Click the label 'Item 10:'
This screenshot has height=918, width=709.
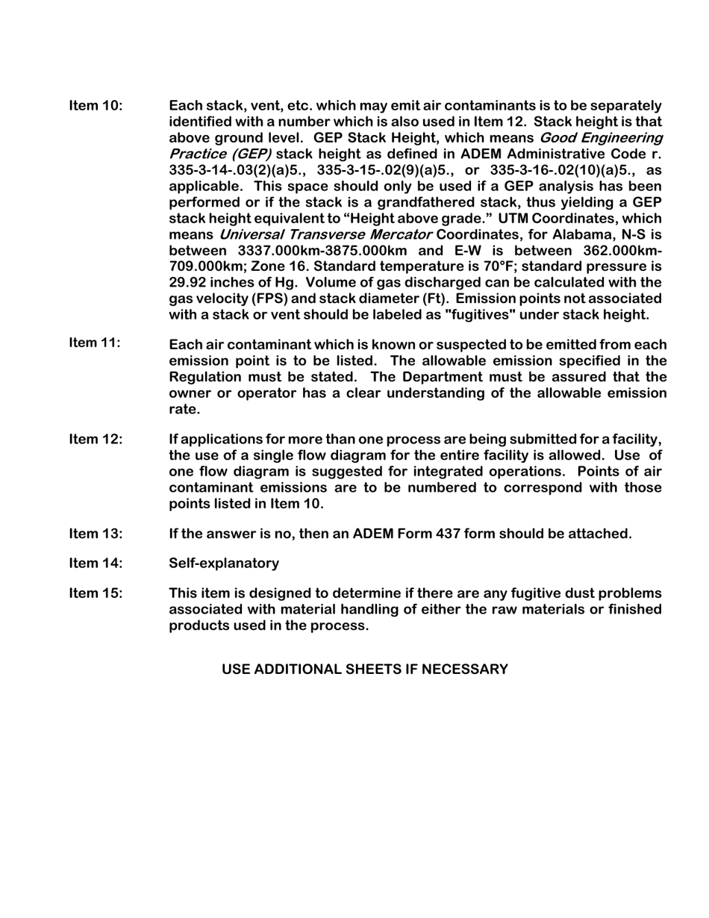click(96, 105)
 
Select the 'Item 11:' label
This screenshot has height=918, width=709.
click(95, 343)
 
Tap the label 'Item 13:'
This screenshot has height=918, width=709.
click(96, 534)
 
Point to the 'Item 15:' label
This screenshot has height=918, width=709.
click(96, 593)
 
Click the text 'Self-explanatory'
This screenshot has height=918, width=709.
click(224, 563)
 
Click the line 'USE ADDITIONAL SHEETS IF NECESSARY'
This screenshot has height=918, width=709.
click(365, 669)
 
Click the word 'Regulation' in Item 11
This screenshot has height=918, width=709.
click(205, 376)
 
